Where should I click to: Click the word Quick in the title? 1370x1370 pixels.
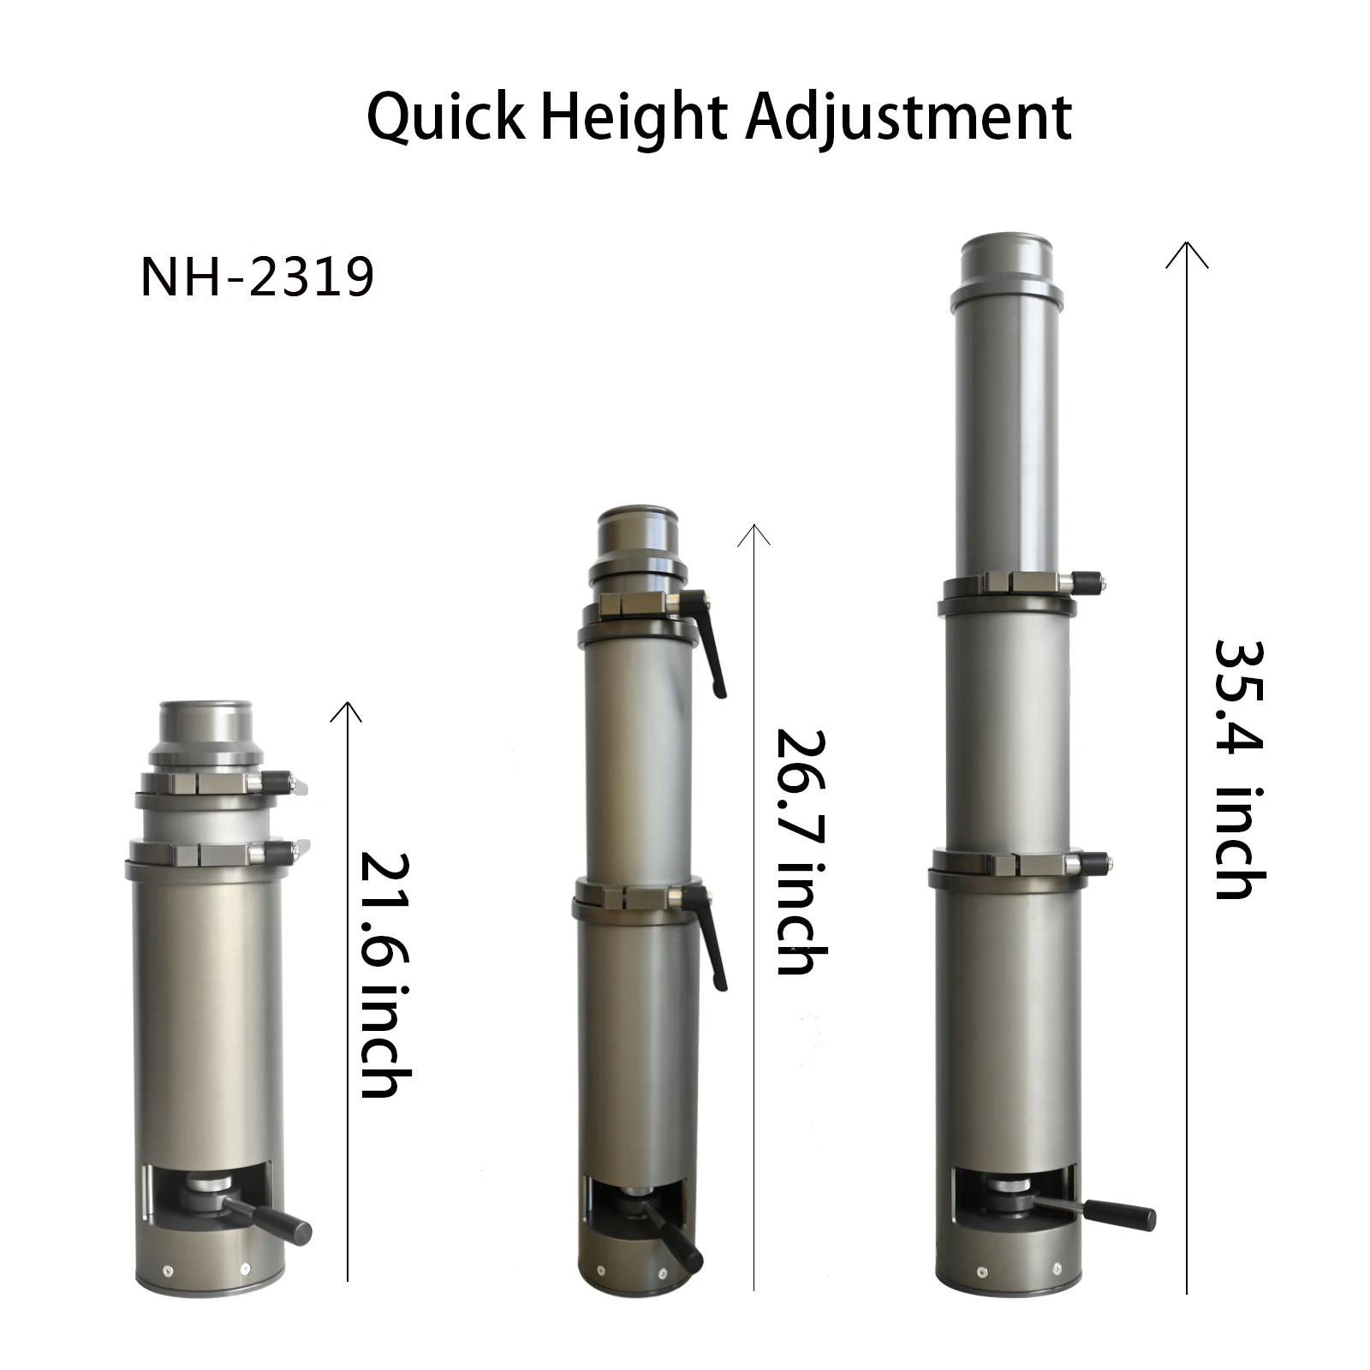444,117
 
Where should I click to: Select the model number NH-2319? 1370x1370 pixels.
257,277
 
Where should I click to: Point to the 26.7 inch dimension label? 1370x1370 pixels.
800,851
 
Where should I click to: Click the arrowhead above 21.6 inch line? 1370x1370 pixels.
347,710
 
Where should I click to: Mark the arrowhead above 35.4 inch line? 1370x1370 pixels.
1187,253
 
